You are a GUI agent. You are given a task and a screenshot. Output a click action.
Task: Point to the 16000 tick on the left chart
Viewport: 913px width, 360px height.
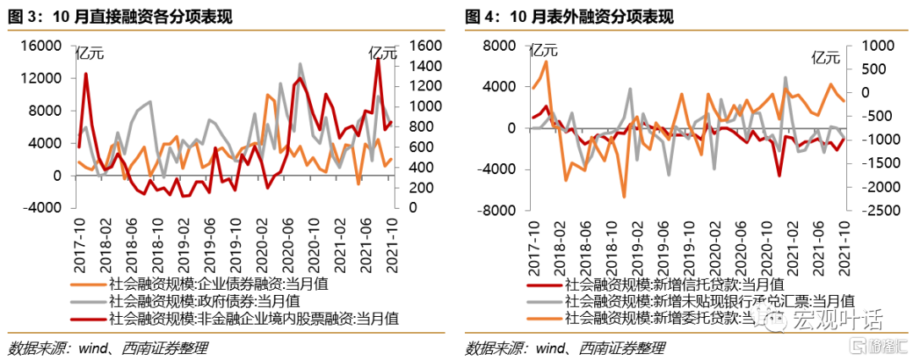click(x=41, y=46)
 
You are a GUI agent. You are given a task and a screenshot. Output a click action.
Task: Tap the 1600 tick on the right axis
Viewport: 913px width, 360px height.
click(x=424, y=46)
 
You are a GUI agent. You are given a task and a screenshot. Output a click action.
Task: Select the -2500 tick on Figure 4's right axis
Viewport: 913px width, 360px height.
click(x=875, y=208)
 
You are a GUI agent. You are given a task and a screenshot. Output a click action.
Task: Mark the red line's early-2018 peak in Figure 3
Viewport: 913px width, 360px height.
click(x=86, y=74)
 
